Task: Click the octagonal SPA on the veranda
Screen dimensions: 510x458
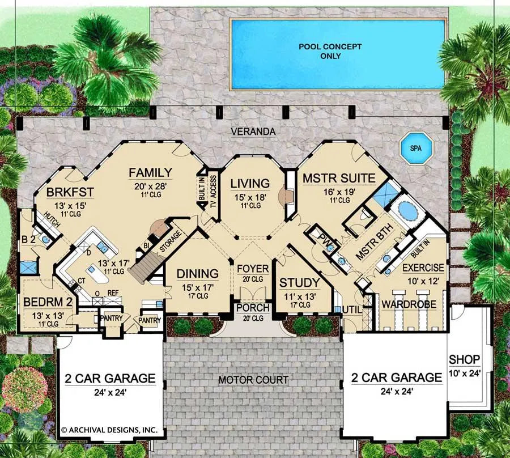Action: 416,149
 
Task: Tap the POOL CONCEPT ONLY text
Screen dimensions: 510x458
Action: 330,51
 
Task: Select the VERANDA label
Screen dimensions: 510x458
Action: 253,132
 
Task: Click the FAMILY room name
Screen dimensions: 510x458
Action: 150,172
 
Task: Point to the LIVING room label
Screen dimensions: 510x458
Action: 250,184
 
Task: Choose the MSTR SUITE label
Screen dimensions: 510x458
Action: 339,178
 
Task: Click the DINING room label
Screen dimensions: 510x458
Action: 197,274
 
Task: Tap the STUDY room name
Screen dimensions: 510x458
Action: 300,283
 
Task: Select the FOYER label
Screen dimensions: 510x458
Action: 253,269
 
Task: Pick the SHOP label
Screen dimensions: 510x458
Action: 465,359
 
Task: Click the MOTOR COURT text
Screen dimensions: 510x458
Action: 253,380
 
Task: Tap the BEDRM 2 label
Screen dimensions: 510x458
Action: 48,302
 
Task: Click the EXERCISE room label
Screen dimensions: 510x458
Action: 423,268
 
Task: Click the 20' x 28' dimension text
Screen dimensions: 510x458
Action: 150,186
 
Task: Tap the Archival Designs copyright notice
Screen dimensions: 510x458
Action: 109,430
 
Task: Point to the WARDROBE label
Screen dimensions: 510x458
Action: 409,304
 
